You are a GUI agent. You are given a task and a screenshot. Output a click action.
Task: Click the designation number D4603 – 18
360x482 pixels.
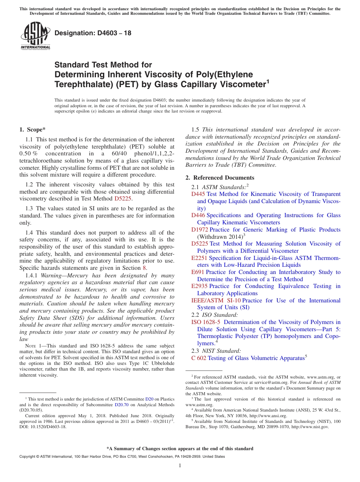click(93, 33)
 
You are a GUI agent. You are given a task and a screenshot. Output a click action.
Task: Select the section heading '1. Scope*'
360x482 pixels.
click(32, 130)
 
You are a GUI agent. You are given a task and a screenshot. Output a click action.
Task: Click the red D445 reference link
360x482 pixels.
click(198, 194)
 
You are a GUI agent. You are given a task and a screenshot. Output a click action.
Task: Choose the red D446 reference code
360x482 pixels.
click(198, 215)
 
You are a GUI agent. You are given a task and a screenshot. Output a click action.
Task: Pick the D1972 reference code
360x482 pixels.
click(200, 230)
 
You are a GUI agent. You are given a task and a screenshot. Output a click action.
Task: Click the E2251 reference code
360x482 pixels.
click(200, 258)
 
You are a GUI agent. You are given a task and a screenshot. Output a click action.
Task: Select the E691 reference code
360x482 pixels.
click(198, 272)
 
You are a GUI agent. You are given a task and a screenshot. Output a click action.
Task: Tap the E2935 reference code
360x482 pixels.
click(200, 286)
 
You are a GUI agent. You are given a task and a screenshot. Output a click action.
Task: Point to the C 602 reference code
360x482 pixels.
click(199, 358)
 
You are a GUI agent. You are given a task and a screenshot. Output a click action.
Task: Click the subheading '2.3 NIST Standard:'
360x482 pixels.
click(216, 351)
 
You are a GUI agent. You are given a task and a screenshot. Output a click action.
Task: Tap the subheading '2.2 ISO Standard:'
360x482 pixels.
click(214, 315)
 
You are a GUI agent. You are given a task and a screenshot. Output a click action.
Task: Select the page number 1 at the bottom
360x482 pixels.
click(180, 466)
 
